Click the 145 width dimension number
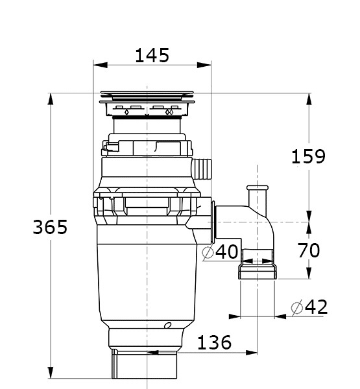[x=152, y=55]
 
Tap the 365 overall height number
[x=50, y=227]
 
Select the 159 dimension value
[x=308, y=156]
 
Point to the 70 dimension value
[x=309, y=250]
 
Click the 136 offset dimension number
[x=214, y=342]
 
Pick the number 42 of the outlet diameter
[x=317, y=307]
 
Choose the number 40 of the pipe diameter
[x=226, y=252]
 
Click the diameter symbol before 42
[x=297, y=307]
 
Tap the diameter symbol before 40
[x=208, y=253]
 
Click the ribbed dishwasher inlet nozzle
[x=202, y=169]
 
